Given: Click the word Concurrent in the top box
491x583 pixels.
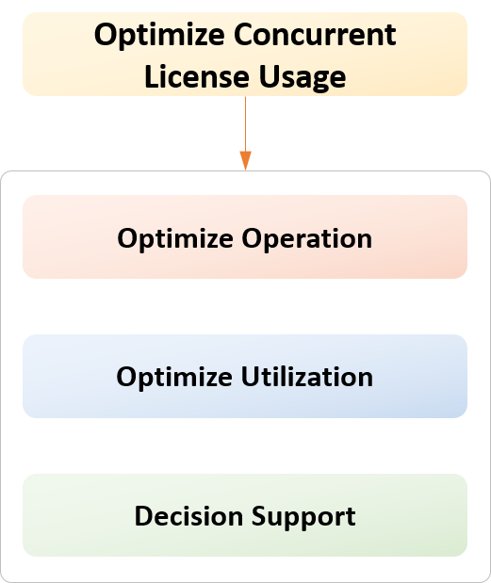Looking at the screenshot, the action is [315, 35].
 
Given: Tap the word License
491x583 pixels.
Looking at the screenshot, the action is [197, 77].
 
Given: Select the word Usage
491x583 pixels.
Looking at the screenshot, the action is [303, 78].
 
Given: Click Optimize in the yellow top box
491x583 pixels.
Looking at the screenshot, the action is [159, 36].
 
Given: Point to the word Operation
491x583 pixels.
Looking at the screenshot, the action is [307, 239].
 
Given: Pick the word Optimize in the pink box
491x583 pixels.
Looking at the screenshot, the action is [175, 239].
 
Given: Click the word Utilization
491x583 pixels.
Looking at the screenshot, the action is [307, 377].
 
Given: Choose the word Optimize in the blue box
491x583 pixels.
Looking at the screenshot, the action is [174, 378].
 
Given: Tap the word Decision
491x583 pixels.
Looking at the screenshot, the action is [189, 516].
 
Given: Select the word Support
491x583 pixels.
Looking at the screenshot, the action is [303, 517].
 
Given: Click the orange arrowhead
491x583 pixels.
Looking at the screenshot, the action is [245, 160].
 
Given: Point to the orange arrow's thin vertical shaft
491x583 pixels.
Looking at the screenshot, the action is [245, 123].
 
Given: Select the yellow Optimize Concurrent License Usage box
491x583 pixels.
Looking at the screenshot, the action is [245, 55].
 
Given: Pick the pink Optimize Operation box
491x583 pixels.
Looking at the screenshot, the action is [245, 236].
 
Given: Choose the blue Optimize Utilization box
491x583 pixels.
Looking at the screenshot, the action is [245, 377].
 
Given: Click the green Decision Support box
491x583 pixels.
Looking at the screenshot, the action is [245, 515].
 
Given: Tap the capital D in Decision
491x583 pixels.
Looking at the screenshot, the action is [143, 516].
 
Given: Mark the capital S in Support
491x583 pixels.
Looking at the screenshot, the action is [259, 516].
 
